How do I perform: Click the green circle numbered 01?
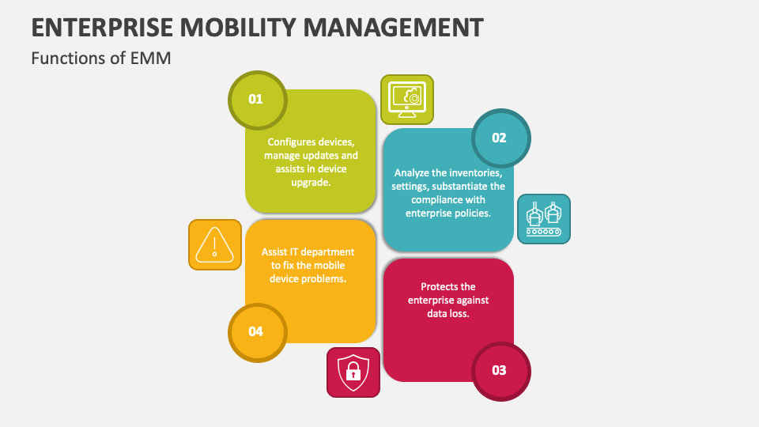click(x=256, y=100)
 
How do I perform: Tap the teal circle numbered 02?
click(x=500, y=138)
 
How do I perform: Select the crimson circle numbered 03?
click(x=500, y=370)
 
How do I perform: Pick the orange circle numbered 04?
click(x=256, y=331)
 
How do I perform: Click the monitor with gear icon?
click(x=406, y=100)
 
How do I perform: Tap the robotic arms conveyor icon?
click(x=544, y=219)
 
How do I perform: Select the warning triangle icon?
click(x=214, y=244)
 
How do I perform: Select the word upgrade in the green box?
click(x=308, y=183)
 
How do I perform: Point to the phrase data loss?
click(x=448, y=314)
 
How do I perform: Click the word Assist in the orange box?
click(x=274, y=252)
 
